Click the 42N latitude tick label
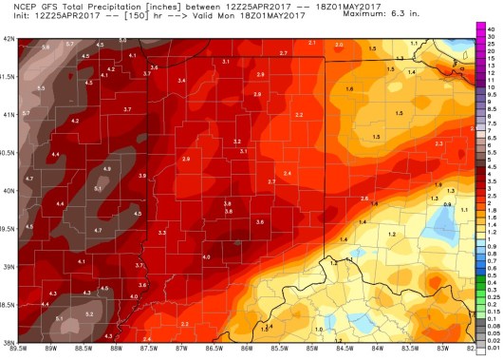point(9,39)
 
